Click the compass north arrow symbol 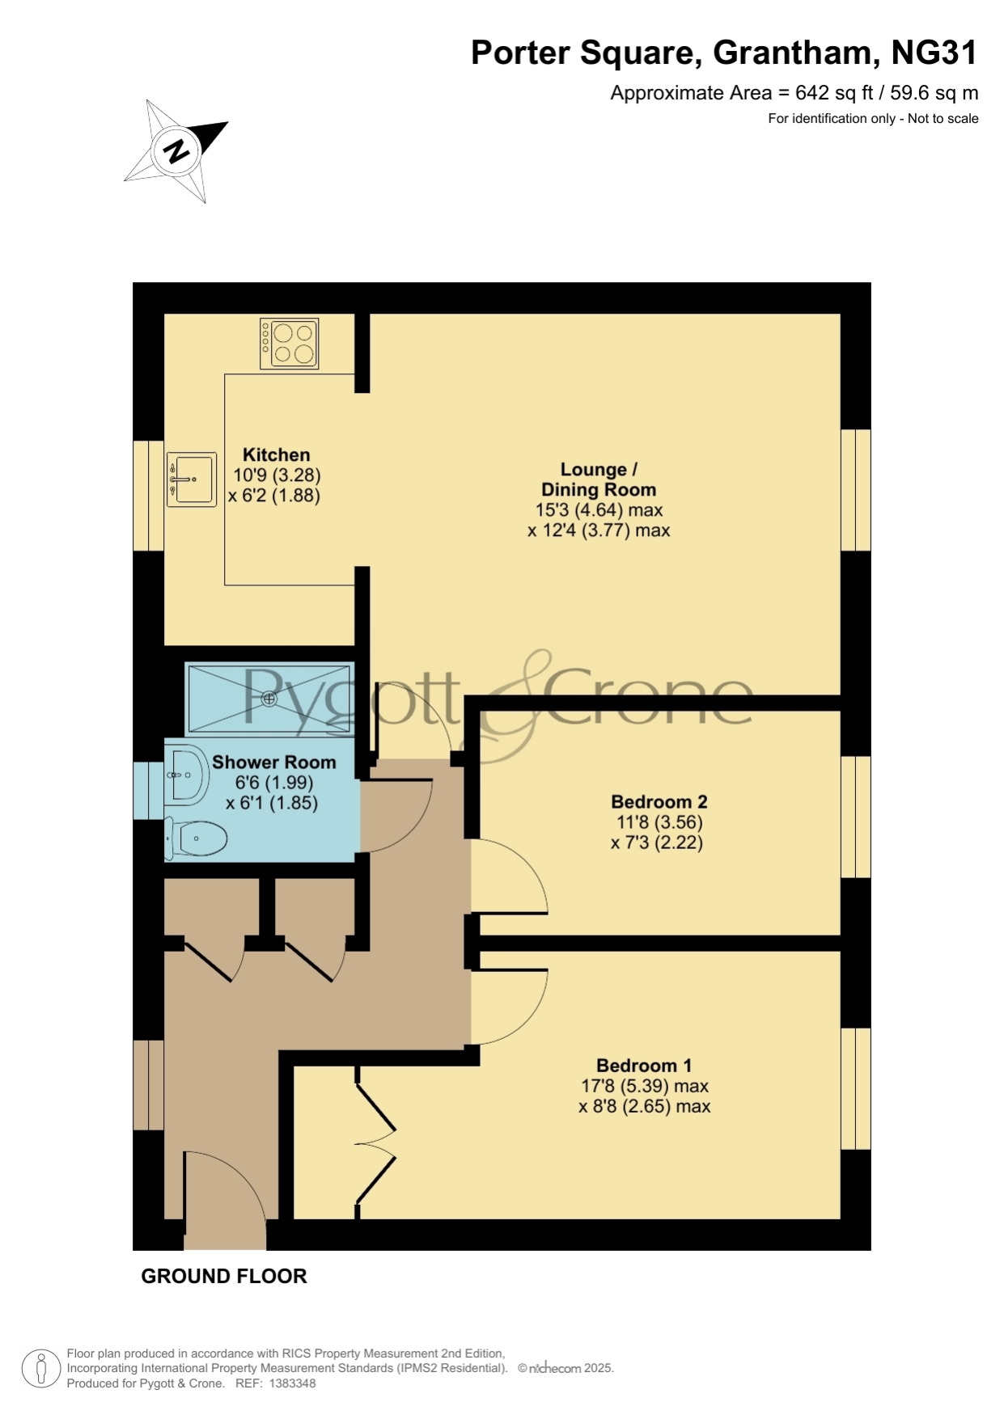176,150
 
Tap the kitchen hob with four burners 289,344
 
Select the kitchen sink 192,479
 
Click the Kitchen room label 276,454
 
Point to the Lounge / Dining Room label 599,479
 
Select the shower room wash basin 187,775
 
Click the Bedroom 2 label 659,802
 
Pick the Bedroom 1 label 644,1066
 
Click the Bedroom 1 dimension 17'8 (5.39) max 645,1086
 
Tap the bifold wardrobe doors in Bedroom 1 375,1143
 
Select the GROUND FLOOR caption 224,1276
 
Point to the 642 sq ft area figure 834,93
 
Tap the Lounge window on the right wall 856,490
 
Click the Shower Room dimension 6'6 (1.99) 273,783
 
